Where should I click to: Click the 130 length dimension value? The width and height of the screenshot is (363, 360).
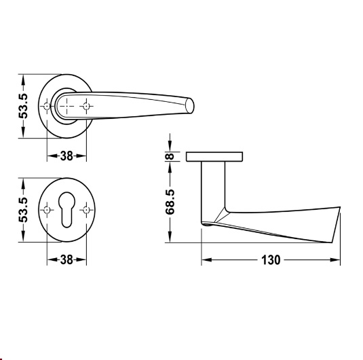click(271, 260)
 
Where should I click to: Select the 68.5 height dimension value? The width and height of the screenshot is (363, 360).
click(170, 202)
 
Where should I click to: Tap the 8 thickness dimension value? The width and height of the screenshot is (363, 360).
click(170, 156)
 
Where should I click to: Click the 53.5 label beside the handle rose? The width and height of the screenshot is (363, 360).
click(23, 106)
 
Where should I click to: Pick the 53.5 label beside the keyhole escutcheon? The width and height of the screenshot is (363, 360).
click(23, 210)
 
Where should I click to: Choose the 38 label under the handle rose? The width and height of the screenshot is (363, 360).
click(66, 156)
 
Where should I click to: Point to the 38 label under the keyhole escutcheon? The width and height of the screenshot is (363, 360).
click(66, 260)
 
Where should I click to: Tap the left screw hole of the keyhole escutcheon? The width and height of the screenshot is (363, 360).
click(47, 210)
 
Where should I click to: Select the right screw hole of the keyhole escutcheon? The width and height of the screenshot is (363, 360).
click(86, 210)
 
